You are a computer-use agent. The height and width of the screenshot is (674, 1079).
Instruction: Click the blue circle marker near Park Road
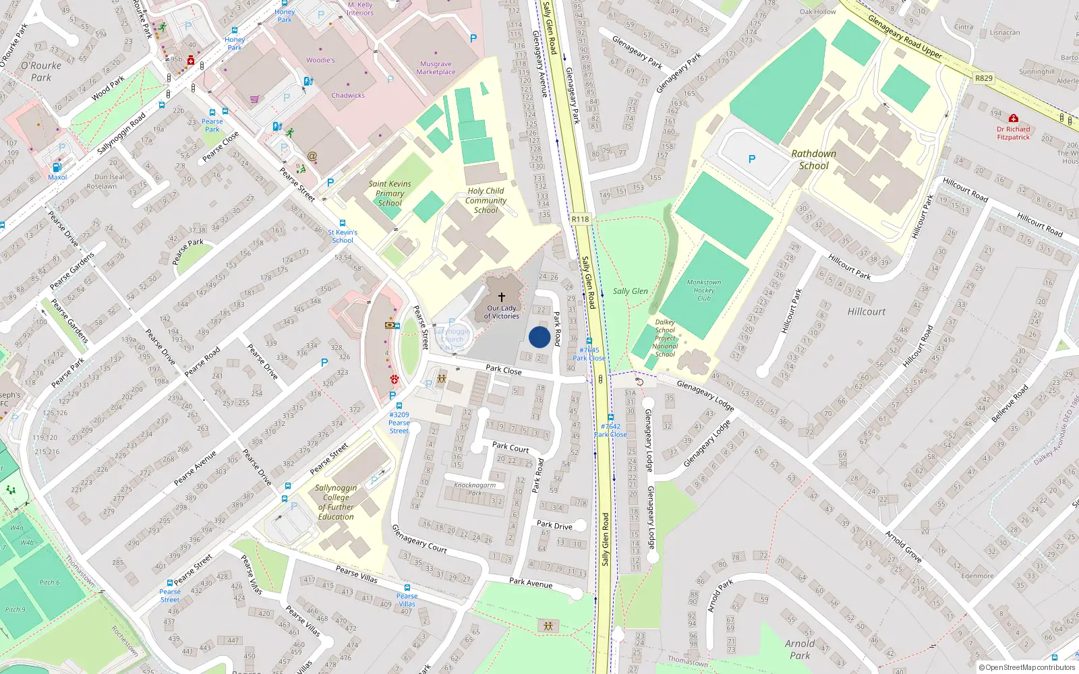point(539,337)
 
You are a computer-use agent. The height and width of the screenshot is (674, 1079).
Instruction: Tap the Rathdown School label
point(813,160)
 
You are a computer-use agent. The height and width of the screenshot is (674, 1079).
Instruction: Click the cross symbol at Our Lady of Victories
point(502,297)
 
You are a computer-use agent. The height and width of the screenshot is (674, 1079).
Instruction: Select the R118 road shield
point(580,219)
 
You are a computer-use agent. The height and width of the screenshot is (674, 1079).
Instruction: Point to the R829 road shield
point(984,78)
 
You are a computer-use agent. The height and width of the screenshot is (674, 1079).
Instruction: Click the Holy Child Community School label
point(486,200)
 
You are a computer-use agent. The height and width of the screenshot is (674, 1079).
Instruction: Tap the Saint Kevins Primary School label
point(390,193)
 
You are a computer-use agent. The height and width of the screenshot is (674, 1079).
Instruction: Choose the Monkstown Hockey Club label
point(703,290)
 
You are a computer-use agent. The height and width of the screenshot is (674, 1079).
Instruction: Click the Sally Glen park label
point(630,291)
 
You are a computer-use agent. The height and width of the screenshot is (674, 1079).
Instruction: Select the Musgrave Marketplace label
point(436,68)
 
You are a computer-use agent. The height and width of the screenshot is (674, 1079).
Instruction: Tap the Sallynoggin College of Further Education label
point(336,502)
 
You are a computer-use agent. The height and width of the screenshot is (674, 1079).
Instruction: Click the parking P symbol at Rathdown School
point(752,159)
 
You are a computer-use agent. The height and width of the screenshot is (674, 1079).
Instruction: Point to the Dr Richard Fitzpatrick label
point(1013,133)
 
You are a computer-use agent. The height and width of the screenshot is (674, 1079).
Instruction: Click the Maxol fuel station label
point(57,177)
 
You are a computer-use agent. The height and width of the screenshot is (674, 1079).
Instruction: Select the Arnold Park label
point(800,649)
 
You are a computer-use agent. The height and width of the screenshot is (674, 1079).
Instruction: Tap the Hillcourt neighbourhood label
point(867,311)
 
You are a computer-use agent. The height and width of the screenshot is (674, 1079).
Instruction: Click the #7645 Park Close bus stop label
point(589,354)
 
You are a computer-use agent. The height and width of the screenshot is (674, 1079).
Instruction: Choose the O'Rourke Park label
point(41,71)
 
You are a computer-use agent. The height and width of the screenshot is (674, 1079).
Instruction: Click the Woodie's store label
point(320,60)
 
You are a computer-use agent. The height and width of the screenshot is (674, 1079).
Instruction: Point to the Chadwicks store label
point(348,95)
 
